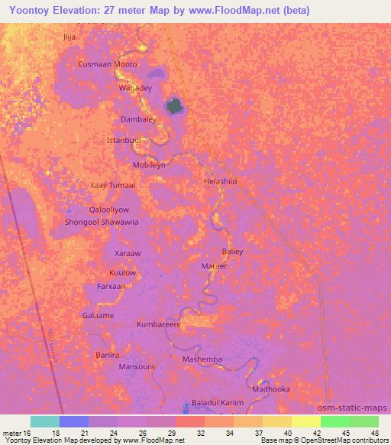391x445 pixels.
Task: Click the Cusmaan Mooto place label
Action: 108,64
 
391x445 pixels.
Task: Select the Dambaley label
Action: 138,119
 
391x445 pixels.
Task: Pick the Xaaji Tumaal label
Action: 112,185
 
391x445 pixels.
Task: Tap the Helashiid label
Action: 221,182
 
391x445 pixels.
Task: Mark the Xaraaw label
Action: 127,253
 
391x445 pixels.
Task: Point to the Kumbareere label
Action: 158,324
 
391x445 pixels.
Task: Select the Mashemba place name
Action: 202,359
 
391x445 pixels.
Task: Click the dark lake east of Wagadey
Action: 176,106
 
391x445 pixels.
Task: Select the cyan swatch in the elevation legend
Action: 45,421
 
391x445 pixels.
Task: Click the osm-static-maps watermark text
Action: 353,408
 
